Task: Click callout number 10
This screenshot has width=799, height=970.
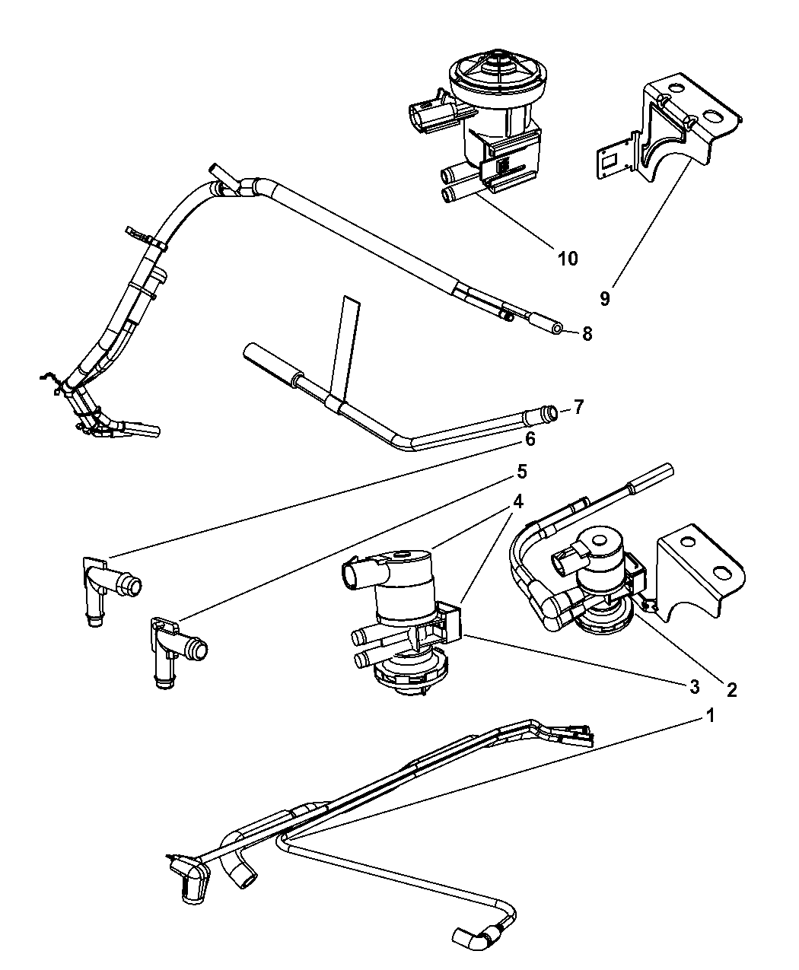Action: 567,258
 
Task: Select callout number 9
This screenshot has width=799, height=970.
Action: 604,298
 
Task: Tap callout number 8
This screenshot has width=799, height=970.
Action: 587,332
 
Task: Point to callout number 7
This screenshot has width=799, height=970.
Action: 578,408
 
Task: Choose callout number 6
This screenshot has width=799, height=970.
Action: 530,439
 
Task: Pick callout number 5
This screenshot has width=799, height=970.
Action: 521,472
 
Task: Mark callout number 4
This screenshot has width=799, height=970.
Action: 517,501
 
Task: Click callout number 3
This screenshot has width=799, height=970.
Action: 693,686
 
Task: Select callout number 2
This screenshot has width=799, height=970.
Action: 731,689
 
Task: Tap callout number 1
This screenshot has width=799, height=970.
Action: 710,715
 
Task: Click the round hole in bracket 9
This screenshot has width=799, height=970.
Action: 713,116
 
